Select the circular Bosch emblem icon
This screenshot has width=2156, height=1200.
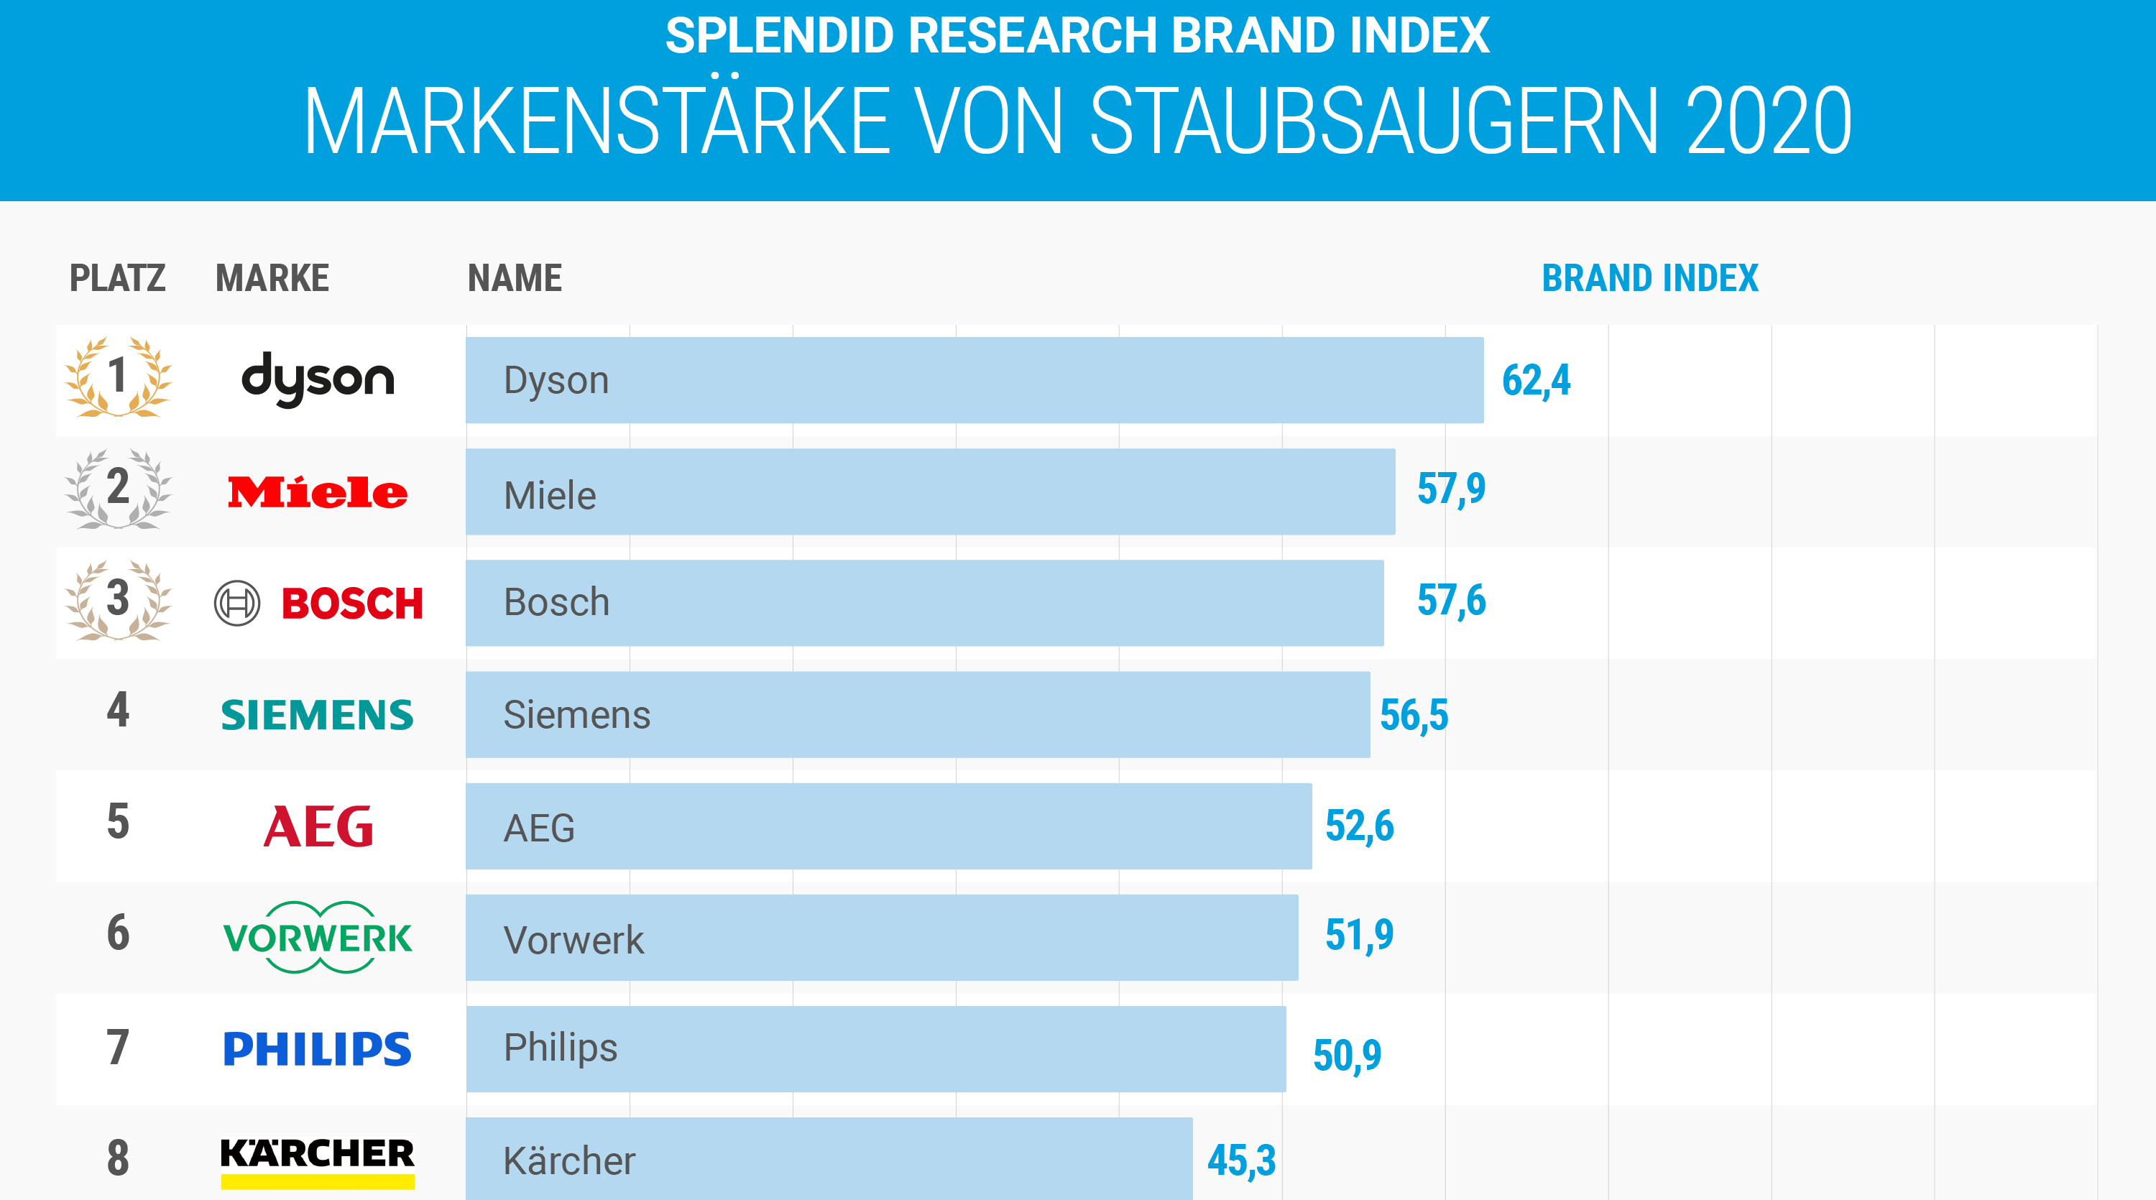(x=237, y=602)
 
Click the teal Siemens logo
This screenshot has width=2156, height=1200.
(x=317, y=716)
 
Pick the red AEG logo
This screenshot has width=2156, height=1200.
(x=318, y=826)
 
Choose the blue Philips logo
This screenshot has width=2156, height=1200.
(x=317, y=1048)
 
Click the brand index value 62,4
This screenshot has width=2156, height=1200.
(x=1536, y=381)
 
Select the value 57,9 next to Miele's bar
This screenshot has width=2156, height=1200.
(x=1450, y=489)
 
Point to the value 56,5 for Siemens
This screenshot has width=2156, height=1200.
(x=1414, y=716)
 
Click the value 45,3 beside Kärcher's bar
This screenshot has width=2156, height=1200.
(x=1240, y=1160)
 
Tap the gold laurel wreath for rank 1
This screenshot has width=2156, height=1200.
(x=118, y=377)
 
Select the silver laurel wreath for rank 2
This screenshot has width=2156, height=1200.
(x=118, y=489)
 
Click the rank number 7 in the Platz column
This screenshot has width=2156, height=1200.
(x=118, y=1047)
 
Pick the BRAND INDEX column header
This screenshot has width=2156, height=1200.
(x=1649, y=278)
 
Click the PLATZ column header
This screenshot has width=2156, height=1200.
(x=117, y=278)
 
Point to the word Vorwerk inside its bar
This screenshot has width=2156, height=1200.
(x=573, y=940)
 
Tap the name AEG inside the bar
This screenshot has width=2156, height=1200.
(x=539, y=829)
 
